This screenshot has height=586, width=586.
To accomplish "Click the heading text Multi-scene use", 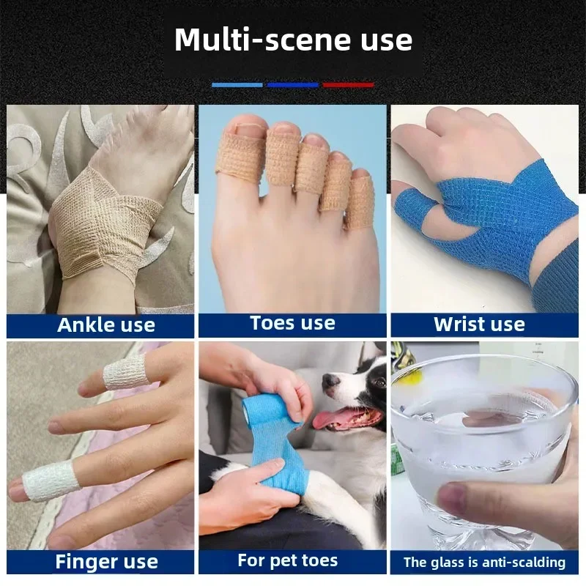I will coord(293,40).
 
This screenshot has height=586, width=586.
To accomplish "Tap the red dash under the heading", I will coord(349,85).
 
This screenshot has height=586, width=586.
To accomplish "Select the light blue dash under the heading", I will coord(237,85).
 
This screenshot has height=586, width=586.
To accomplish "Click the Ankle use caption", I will coord(106,324).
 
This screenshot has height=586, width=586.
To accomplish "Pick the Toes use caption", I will coord(292,323).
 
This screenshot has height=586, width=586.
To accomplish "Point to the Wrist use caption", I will coord(479,324).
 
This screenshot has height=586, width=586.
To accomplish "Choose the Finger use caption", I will coord(106,562).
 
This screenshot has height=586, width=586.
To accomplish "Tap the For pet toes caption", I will coord(288,561).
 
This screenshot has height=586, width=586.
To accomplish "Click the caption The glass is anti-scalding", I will coord(485,563).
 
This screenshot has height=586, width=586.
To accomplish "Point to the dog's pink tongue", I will coord(328,420).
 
